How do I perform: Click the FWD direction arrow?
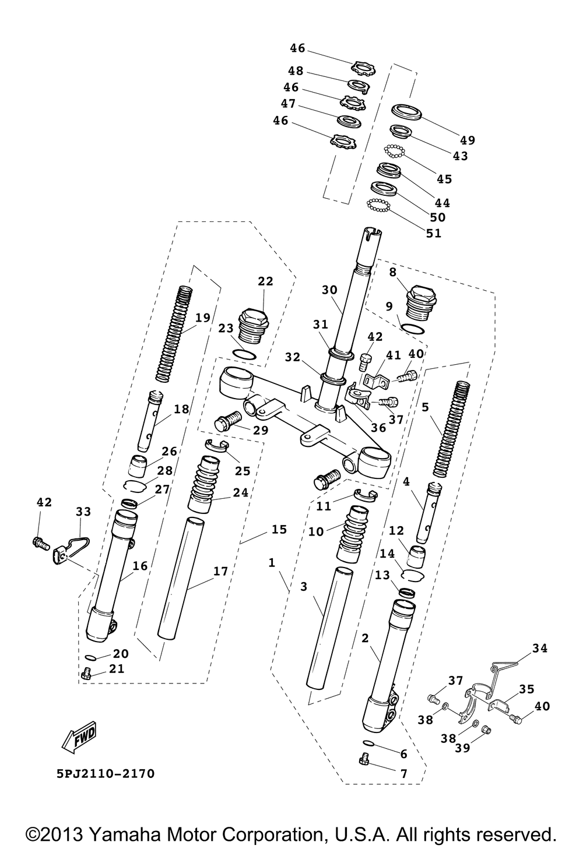tap(79, 737)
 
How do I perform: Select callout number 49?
tap(468, 140)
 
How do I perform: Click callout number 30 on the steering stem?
tap(329, 290)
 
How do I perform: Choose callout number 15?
tap(279, 530)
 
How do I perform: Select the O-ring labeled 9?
tap(412, 329)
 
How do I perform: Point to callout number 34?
tap(540, 648)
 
